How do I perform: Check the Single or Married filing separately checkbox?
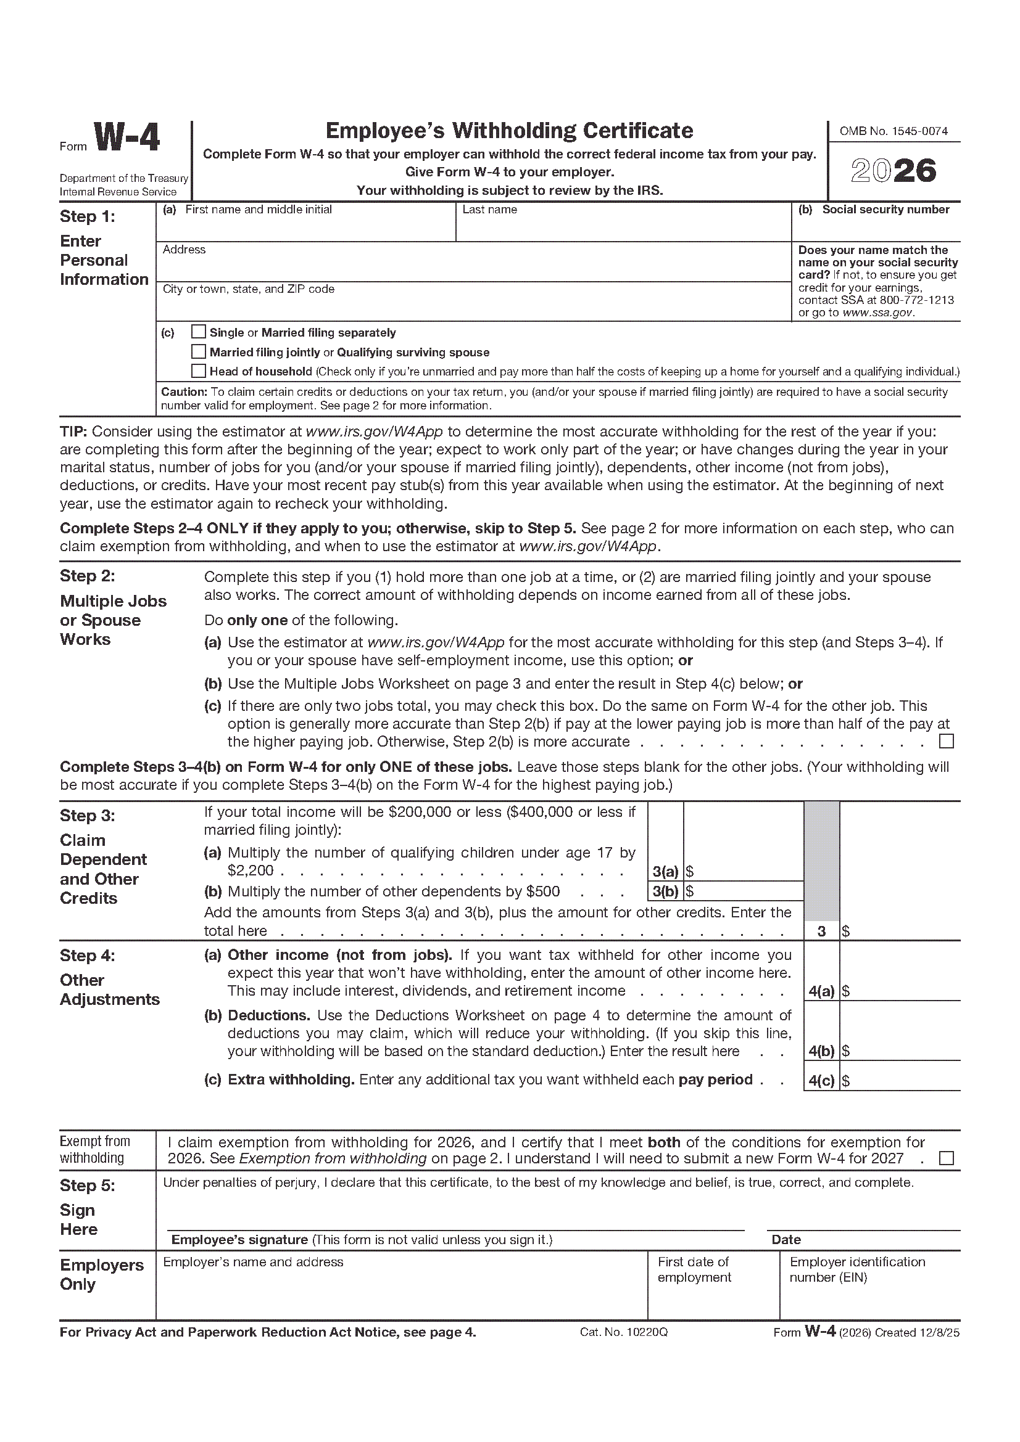click(199, 332)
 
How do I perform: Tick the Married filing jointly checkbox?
click(199, 351)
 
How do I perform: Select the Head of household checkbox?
click(199, 371)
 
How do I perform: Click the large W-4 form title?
click(127, 138)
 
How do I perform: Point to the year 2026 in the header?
click(894, 171)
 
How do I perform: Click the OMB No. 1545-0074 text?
click(894, 131)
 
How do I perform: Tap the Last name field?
click(622, 227)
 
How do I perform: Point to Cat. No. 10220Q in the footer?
click(623, 1332)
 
